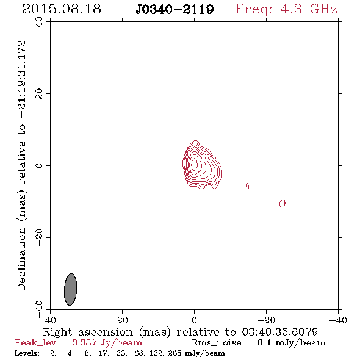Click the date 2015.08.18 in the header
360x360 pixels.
pos(62,9)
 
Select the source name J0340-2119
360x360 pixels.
pos(175,9)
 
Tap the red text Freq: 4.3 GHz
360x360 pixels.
pos(286,9)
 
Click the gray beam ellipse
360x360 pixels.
pos(70,289)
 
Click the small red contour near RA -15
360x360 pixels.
pos(247,186)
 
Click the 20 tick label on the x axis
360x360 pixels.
pos(122,320)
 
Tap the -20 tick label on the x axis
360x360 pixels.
pos(266,320)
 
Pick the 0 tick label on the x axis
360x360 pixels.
pos(194,320)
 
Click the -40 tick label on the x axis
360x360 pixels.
pos(338,320)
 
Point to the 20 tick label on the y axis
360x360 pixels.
pos(39,94)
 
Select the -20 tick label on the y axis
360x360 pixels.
pos(39,237)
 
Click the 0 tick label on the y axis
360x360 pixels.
pos(39,165)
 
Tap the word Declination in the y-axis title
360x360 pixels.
pos(21,259)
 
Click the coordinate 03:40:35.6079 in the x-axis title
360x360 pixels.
pos(279,332)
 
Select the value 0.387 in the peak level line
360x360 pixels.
pos(84,343)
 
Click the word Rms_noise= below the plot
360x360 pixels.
pos(220,343)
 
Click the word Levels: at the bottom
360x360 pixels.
pos(27,353)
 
